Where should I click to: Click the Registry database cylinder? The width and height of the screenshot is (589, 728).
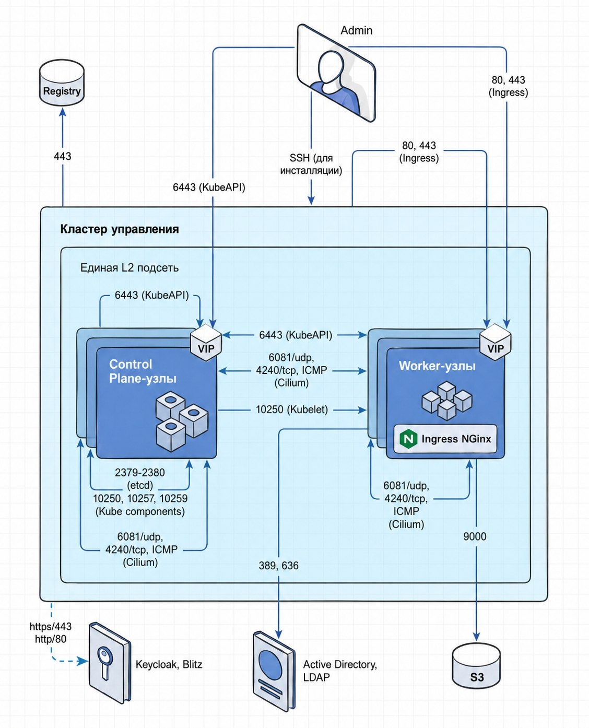click(62, 83)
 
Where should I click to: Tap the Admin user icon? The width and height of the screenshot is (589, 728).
click(336, 73)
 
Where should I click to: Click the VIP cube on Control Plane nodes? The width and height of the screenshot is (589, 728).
click(206, 343)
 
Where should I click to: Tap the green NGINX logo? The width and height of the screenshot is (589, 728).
click(408, 439)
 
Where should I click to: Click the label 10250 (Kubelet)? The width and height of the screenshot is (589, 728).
click(292, 409)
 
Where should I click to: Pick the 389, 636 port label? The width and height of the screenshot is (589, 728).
click(278, 566)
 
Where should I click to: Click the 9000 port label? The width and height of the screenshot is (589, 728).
click(475, 537)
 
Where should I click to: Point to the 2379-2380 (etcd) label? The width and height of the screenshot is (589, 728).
click(140, 479)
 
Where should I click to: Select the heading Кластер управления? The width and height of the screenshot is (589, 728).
click(120, 229)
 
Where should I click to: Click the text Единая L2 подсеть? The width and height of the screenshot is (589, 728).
click(129, 267)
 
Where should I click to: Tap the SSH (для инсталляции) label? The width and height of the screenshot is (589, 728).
click(311, 164)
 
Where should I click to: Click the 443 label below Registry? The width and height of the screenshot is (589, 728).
click(63, 156)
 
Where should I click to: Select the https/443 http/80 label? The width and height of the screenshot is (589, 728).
click(51, 632)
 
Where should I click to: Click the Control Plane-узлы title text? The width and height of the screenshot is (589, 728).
click(143, 371)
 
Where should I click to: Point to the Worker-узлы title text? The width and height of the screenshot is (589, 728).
click(437, 366)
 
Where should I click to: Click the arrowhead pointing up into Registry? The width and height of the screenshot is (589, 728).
click(63, 112)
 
